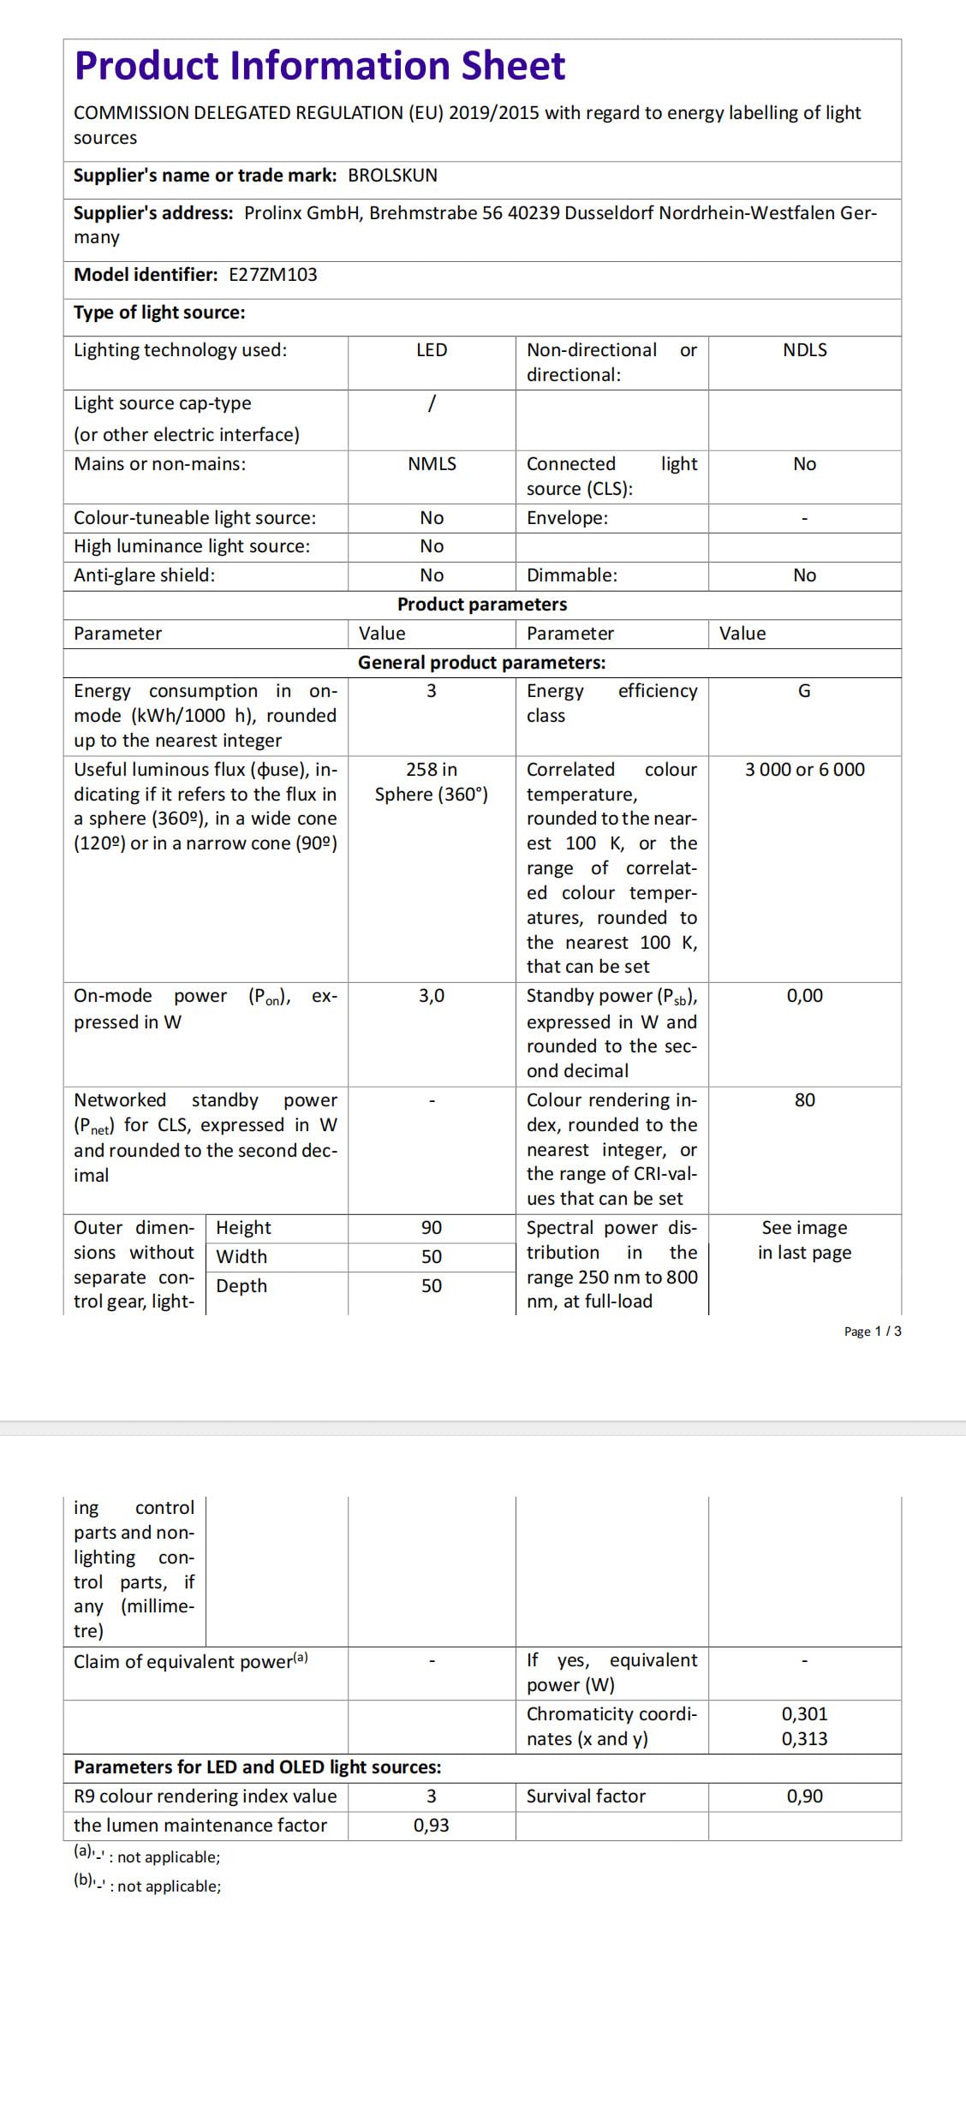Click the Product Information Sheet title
pyautogui.click(x=319, y=66)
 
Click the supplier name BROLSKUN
pyautogui.click(x=392, y=176)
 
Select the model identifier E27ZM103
pyautogui.click(x=272, y=275)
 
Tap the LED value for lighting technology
pyautogui.click(x=432, y=350)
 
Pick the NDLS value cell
pyautogui.click(x=804, y=350)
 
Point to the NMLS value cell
pyautogui.click(x=432, y=464)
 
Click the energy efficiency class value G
pyautogui.click(x=804, y=691)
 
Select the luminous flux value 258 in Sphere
pyautogui.click(x=432, y=782)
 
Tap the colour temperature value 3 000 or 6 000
pyautogui.click(x=804, y=770)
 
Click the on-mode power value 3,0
pyautogui.click(x=432, y=996)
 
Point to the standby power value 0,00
pyautogui.click(x=804, y=996)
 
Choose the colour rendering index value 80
pyautogui.click(x=804, y=1100)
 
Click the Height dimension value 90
pyautogui.click(x=432, y=1228)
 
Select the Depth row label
pyautogui.click(x=241, y=1286)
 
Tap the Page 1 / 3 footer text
pyautogui.click(x=872, y=1332)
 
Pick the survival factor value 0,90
pyautogui.click(x=804, y=1796)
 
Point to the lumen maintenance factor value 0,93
pyautogui.click(x=432, y=1826)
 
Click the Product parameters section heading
pyautogui.click(x=481, y=605)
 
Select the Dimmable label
pyautogui.click(x=571, y=575)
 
